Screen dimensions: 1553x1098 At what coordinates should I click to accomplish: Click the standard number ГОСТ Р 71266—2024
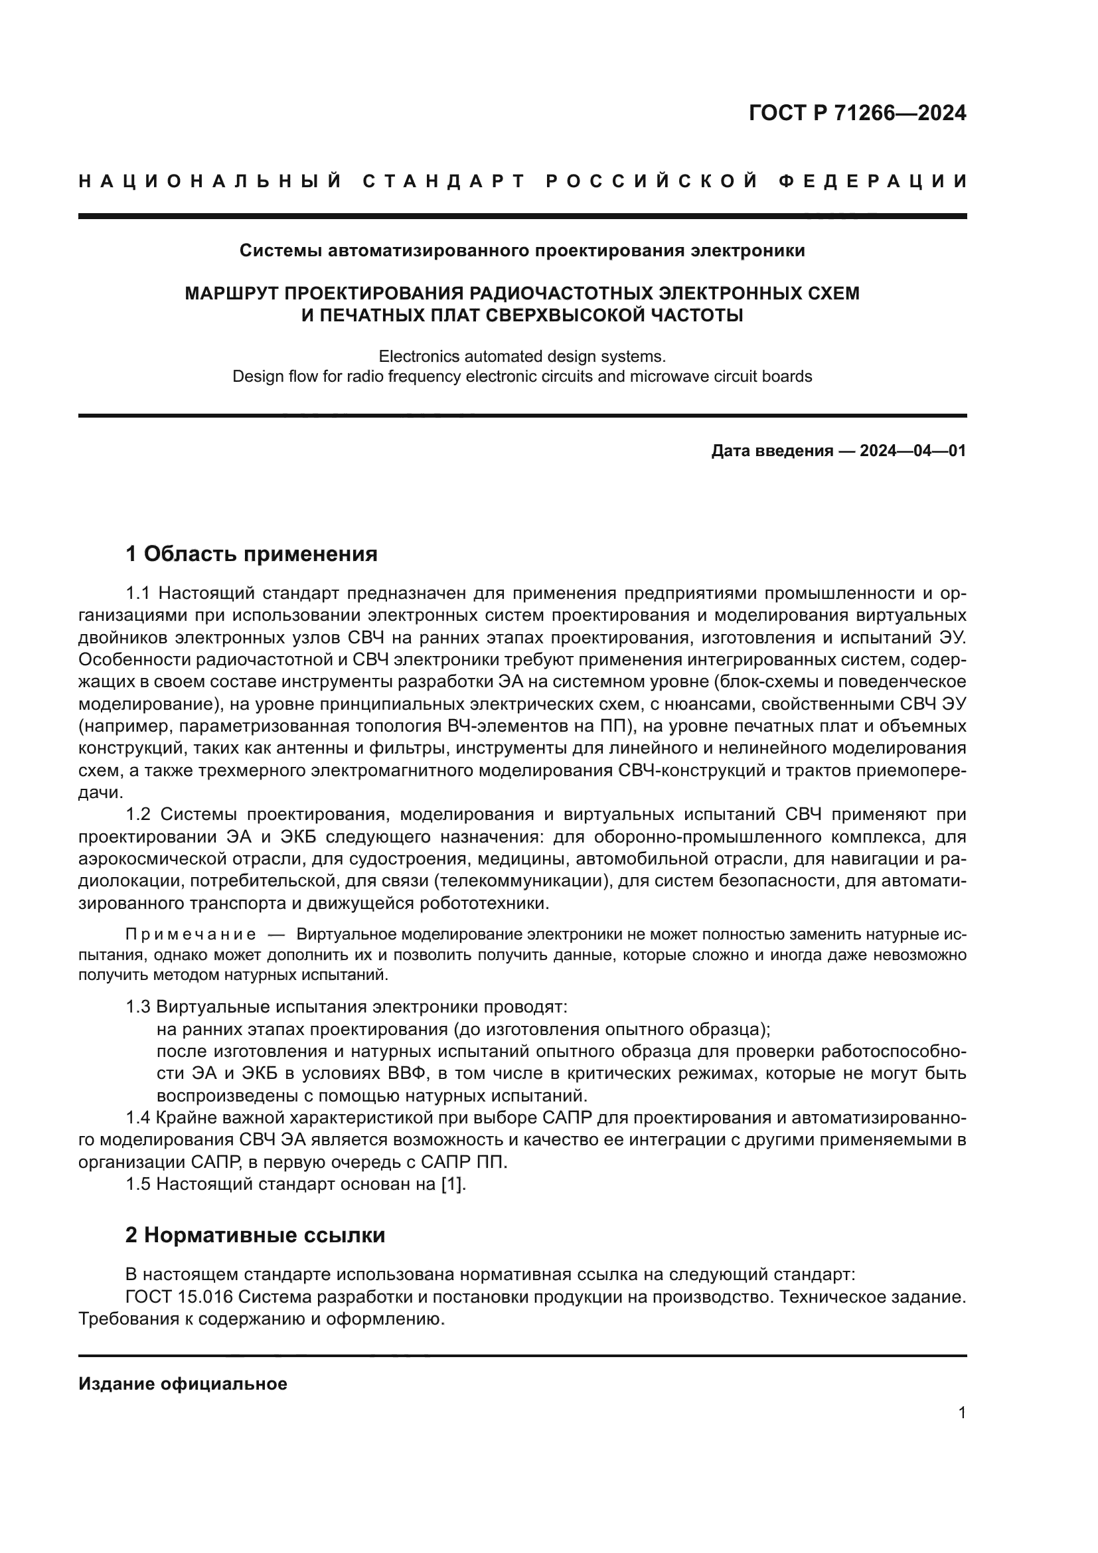tap(856, 113)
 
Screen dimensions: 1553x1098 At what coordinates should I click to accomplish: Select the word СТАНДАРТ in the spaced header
tap(444, 181)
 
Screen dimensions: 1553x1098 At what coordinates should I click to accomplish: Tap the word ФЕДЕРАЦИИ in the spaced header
tap(872, 181)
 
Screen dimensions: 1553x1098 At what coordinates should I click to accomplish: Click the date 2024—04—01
tap(913, 450)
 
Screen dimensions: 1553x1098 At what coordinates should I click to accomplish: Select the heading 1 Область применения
tap(251, 554)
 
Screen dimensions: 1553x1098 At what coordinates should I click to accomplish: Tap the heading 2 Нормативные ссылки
tap(255, 1235)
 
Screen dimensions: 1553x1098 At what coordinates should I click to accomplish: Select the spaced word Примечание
tap(191, 935)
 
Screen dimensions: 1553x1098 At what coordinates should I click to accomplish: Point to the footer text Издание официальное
tap(183, 1384)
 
